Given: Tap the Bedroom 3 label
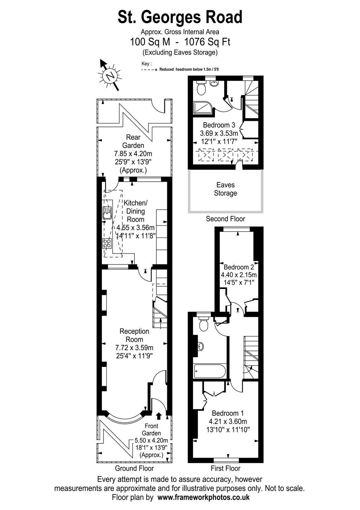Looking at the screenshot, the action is coord(219,125).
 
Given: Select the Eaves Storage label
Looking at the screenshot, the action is coord(225,189).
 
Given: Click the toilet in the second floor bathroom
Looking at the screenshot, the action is coord(201,88).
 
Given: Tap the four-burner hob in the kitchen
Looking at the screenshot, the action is coord(107,243).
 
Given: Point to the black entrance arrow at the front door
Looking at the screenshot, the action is coord(159,416).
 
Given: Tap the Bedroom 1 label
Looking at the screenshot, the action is coord(228,413).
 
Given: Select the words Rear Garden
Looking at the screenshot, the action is coord(133,141).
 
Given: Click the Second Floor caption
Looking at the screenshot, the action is coord(225,219).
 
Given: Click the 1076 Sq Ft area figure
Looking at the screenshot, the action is coord(207,42).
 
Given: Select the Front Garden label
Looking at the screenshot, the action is coord(151,429).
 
